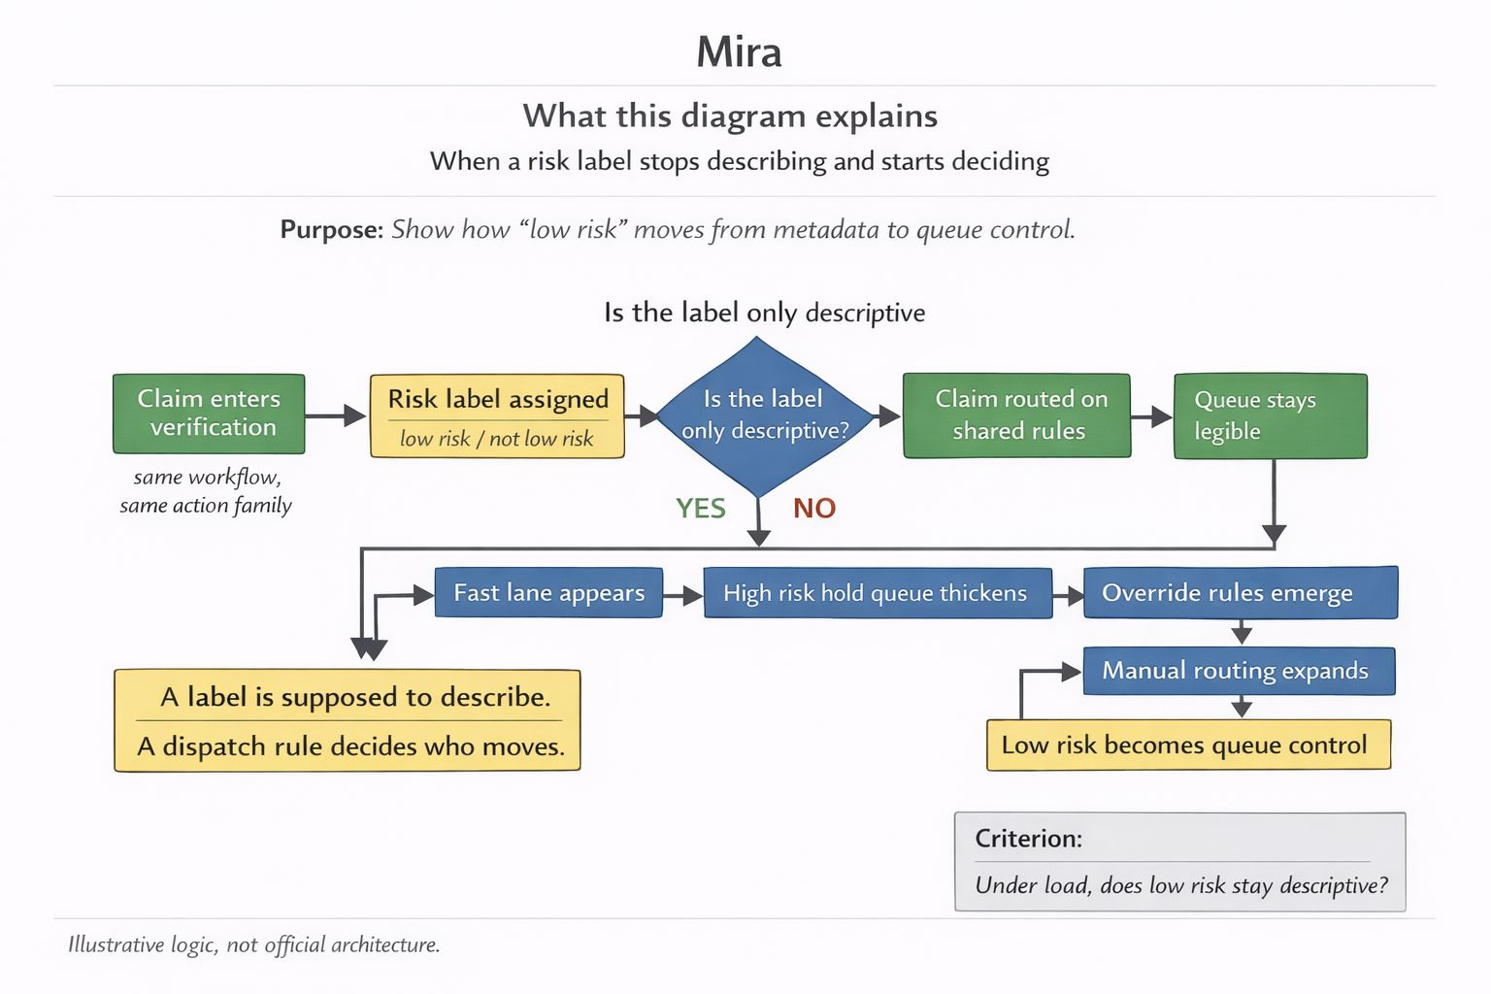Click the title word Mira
739,52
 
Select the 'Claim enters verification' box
209,414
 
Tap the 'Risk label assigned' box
497,415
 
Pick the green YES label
701,509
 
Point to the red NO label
814,509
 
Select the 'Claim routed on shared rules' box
1017,415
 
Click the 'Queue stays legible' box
1270,415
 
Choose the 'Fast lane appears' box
548,593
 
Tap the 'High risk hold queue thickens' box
877,593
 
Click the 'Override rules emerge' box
1240,593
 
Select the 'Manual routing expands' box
1238,671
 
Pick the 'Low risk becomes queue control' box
1188,745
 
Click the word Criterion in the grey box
1028,839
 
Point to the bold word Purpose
331,230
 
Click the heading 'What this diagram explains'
730,116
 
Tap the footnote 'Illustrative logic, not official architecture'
254,944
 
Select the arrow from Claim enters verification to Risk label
336,415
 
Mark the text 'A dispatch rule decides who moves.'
350,746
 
